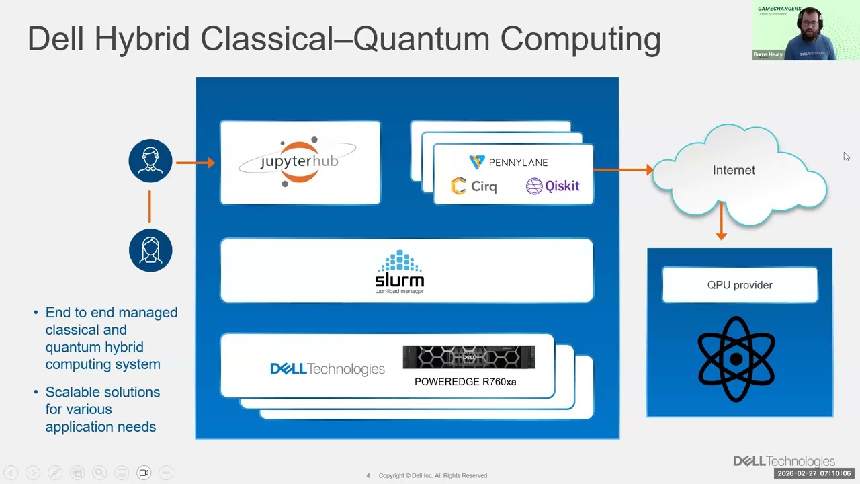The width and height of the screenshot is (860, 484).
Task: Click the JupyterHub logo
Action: (x=298, y=162)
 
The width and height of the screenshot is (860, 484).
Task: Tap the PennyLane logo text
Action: (x=509, y=162)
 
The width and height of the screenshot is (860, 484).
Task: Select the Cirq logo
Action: (x=474, y=186)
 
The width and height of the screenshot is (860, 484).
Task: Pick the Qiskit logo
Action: (x=552, y=186)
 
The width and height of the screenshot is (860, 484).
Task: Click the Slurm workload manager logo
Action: (x=400, y=272)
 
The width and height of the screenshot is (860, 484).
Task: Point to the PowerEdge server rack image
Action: (x=468, y=357)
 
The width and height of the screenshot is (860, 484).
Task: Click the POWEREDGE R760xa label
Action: (x=465, y=382)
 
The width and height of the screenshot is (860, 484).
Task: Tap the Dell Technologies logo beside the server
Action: (x=327, y=369)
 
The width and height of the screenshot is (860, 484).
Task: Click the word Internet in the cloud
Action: (x=734, y=171)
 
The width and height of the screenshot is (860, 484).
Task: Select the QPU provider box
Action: (x=739, y=285)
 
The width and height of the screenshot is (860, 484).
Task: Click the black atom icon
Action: (x=736, y=360)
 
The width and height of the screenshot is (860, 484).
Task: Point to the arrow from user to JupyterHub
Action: (x=195, y=162)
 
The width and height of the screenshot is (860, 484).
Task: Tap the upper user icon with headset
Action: (x=150, y=161)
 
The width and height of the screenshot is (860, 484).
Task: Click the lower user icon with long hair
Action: (x=150, y=250)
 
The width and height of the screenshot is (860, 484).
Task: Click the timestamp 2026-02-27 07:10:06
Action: (x=814, y=474)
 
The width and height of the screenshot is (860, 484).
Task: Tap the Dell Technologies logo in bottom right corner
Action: (x=783, y=461)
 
